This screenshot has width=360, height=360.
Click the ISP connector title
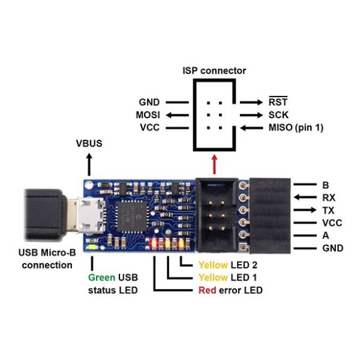(x=214, y=71)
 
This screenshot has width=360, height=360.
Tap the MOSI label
(x=148, y=115)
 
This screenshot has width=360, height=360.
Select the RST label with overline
(x=278, y=102)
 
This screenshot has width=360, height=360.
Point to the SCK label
(x=279, y=115)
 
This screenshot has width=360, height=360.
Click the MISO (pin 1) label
(x=296, y=127)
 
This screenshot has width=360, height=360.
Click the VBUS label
(x=89, y=143)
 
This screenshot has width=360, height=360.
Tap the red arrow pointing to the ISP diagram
(x=214, y=164)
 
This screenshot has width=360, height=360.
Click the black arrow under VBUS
(x=89, y=165)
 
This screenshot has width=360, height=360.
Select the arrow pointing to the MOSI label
(x=177, y=115)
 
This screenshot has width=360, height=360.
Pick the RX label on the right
(x=329, y=198)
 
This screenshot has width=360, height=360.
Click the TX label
(x=328, y=210)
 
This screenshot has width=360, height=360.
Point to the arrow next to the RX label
(x=305, y=197)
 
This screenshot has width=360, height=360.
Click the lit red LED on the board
(x=154, y=244)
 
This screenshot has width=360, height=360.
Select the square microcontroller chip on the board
(x=132, y=216)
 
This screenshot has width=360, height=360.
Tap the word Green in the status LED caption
(x=102, y=278)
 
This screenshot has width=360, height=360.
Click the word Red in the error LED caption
(x=207, y=290)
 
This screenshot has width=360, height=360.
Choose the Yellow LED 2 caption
(x=228, y=265)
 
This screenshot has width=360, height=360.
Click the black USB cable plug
(x=46, y=215)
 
